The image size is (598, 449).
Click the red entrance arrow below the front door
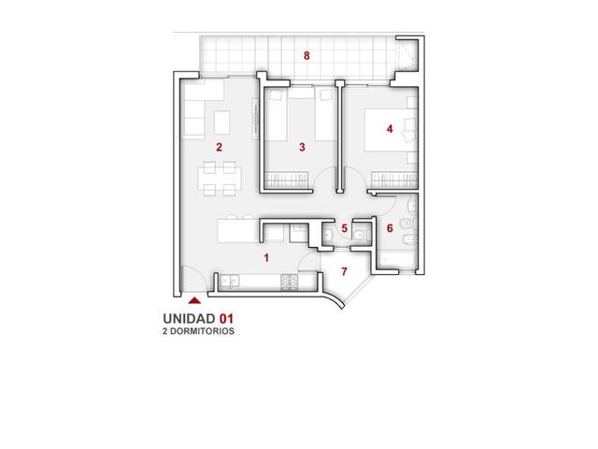click(x=194, y=301)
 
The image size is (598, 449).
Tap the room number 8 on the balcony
click(x=306, y=56)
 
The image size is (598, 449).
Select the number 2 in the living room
click(x=219, y=147)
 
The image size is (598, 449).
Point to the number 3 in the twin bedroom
click(x=302, y=147)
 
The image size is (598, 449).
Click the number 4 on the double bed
click(x=390, y=129)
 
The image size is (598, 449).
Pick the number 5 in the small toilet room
click(x=345, y=228)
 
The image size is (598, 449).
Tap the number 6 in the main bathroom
click(x=390, y=228)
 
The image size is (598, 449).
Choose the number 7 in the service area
click(x=344, y=271)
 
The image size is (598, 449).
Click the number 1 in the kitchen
click(x=266, y=258)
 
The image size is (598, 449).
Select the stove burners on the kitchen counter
click(x=290, y=282)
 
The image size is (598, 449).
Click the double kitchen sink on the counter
click(x=230, y=282)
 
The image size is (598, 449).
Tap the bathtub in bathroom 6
click(x=397, y=260)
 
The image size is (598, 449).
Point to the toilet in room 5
click(x=361, y=235)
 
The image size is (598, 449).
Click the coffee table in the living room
click(x=222, y=123)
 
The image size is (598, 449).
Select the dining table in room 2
click(x=220, y=179)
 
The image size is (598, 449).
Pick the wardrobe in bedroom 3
click(x=287, y=180)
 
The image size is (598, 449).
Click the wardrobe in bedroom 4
click(x=394, y=180)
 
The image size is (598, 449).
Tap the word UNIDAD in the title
click(x=189, y=318)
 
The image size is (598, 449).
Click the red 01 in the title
click(x=226, y=318)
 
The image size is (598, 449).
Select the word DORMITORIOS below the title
click(x=202, y=331)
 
